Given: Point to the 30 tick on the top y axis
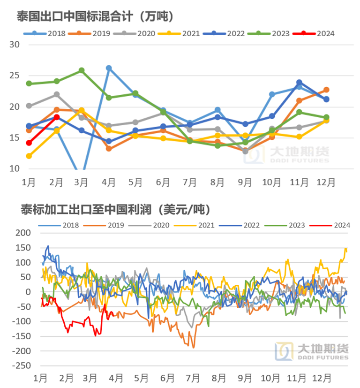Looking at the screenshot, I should coord(14,45).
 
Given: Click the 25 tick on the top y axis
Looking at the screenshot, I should coord(14,76).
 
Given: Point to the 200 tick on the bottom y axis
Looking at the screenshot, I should coord(23,233).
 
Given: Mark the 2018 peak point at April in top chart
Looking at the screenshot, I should coord(109,68).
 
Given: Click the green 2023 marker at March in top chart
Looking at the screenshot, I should coord(82,70).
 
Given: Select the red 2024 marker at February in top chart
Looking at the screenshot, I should coord(56,117).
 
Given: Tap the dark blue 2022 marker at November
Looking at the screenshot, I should coord(299,83).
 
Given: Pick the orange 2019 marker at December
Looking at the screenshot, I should coord(326,90).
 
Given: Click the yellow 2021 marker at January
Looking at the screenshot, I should coord(29,156).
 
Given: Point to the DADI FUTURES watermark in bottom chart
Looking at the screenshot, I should coord(322,358).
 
